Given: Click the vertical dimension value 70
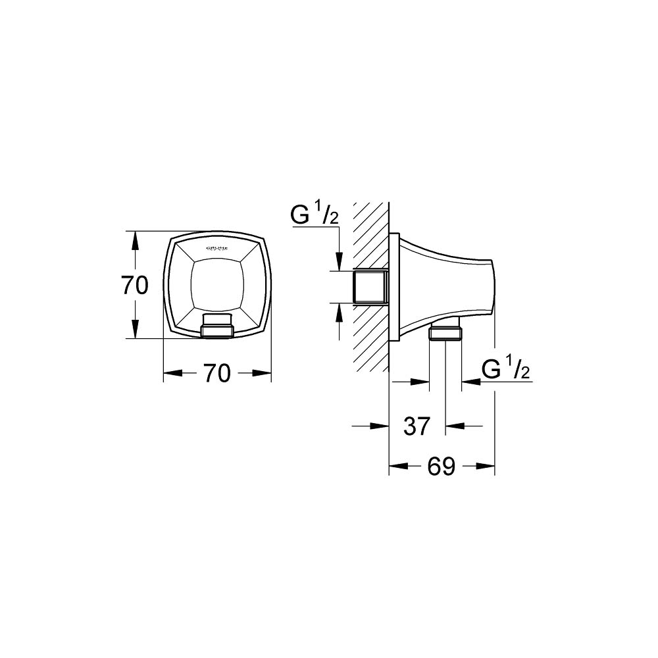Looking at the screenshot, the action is tap(135, 285).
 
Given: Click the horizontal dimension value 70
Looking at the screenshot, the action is tap(216, 374).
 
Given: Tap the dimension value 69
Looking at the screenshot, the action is tap(441, 467).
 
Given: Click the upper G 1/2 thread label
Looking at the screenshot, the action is tap(315, 216).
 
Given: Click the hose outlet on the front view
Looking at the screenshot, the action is tap(216, 326).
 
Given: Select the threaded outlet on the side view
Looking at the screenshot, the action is tap(445, 332).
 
